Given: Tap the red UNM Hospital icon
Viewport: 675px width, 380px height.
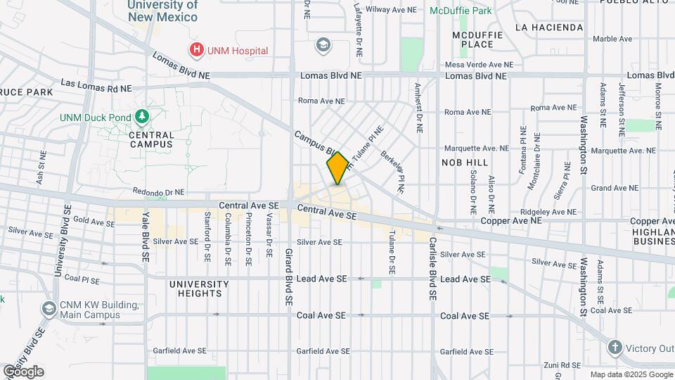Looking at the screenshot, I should [197, 50].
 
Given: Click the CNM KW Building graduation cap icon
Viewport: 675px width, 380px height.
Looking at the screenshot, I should [49, 309].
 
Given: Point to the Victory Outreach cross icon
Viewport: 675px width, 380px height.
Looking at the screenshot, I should [615, 348].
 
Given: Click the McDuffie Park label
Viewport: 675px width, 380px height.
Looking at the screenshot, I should [461, 11].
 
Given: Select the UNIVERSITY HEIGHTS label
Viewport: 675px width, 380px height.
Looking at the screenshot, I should [199, 289].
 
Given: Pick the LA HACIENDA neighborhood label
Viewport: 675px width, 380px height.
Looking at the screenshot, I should [549, 27].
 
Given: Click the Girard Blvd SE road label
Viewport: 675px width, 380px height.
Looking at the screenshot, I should [288, 277].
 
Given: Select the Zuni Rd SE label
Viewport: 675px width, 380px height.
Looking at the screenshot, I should [560, 365].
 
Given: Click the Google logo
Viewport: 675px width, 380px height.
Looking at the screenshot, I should [23, 372].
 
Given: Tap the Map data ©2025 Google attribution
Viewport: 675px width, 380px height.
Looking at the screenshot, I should [631, 374].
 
